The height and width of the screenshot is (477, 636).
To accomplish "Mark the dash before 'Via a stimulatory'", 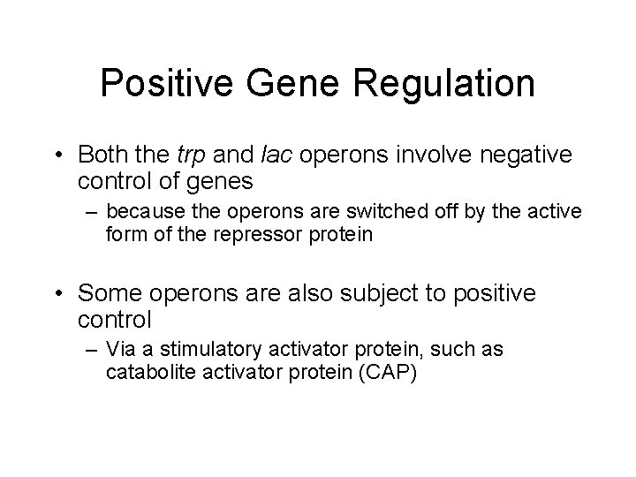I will click(92, 351).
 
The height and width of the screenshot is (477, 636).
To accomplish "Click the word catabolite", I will click(144, 372).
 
